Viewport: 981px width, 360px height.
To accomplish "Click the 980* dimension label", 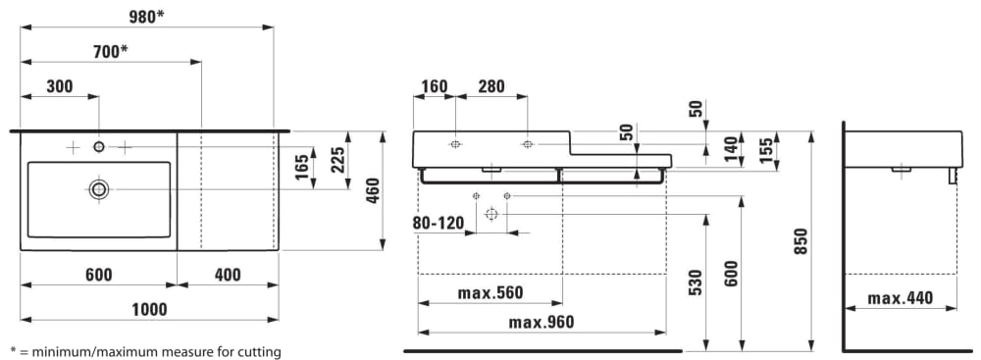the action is pos(147,17).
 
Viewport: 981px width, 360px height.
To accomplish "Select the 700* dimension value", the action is pos(111,52).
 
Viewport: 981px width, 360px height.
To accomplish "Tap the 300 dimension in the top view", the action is pos(60,86).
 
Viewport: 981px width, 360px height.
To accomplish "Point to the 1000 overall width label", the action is pos(149,309).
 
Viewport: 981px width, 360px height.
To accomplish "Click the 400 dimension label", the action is pos(228,275).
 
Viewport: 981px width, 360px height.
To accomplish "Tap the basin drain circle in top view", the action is pos(98,188).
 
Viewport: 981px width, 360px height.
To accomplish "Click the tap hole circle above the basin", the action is pos(99,146).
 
